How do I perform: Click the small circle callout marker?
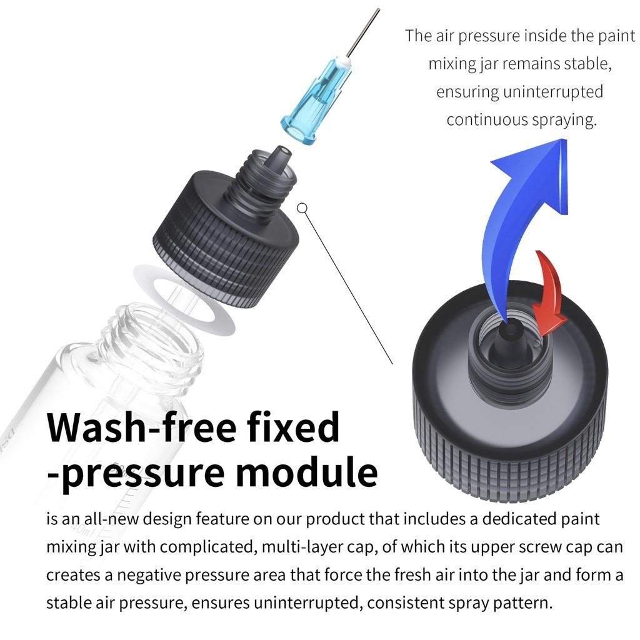302,208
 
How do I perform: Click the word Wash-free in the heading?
142,428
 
